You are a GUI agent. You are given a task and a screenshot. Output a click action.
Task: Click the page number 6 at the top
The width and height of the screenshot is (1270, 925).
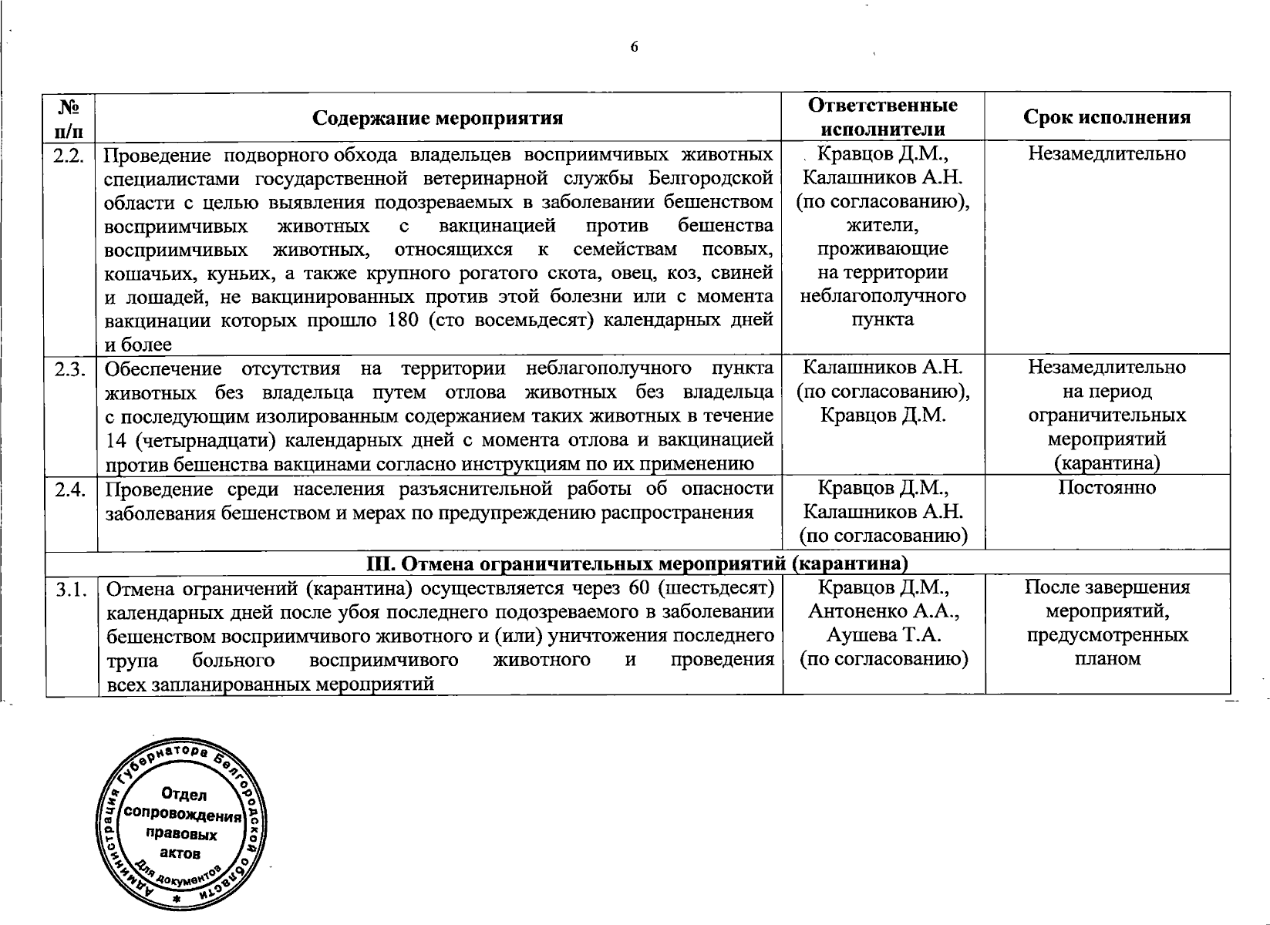coord(635,48)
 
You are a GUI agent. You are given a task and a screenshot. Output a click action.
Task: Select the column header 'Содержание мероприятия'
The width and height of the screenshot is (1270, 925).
coord(437,118)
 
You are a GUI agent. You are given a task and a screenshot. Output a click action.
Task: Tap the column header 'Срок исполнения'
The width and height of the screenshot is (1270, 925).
coord(1107,117)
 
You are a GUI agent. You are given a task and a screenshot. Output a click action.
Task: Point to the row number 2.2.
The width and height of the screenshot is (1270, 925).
coord(69,155)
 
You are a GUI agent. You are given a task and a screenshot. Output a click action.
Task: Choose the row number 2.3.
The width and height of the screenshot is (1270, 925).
coord(69,368)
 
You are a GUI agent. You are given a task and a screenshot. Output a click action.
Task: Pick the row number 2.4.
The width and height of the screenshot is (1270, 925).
coord(69,489)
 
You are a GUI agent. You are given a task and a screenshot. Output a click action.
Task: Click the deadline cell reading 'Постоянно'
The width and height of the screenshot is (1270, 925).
coord(1107,488)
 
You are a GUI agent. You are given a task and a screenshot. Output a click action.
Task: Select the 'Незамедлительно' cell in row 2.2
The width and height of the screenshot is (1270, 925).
coord(1107,154)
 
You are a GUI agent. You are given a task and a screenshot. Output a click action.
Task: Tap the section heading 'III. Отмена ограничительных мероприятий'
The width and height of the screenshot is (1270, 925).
coord(636,563)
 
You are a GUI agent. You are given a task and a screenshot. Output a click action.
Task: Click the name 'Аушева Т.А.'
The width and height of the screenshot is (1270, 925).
coord(883,635)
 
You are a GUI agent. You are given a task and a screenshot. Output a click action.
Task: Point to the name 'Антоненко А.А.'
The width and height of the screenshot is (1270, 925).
coord(883,611)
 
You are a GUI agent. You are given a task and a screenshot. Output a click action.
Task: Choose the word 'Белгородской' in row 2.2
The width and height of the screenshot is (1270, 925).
coord(710,179)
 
